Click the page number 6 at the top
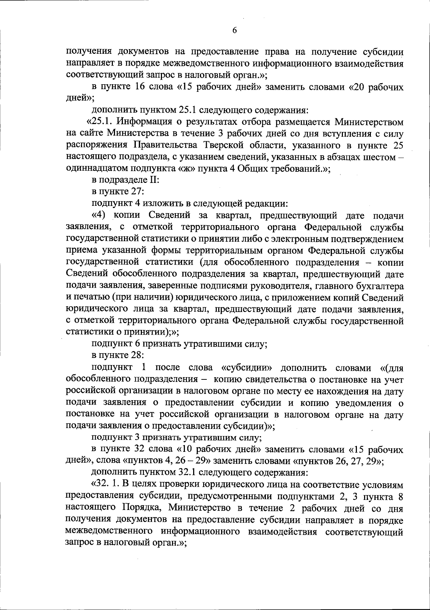234,30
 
